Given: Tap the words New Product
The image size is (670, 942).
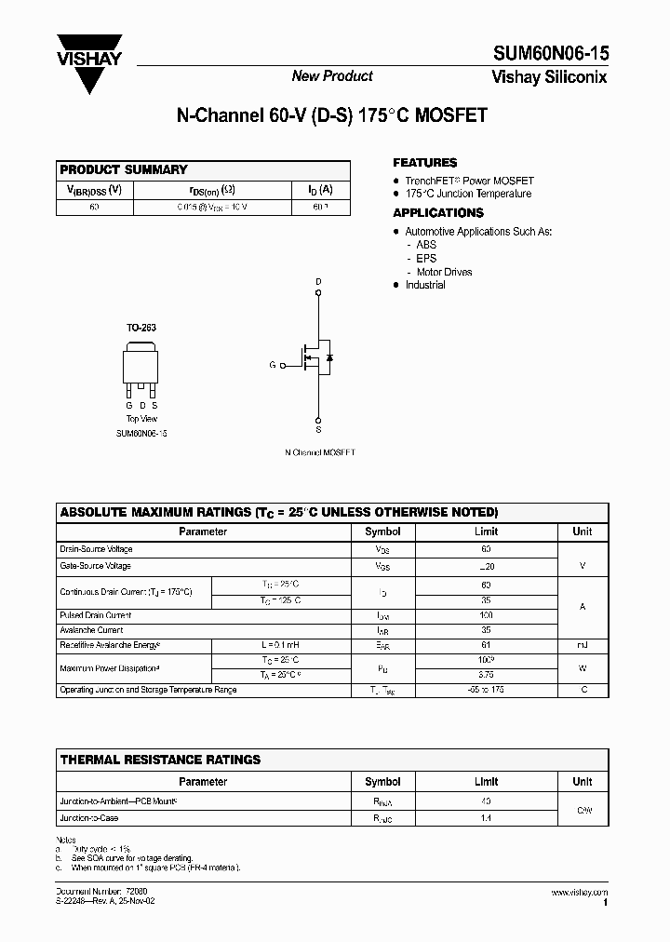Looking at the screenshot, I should [x=332, y=76].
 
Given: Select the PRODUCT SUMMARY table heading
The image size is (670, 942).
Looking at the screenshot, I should [x=124, y=169].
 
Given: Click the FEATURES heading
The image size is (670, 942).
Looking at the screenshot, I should [x=424, y=163].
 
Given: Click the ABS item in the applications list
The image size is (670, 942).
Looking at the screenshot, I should [x=426, y=245].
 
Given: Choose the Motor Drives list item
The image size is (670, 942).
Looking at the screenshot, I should [x=444, y=272].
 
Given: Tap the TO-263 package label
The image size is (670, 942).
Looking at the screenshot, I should [x=141, y=329].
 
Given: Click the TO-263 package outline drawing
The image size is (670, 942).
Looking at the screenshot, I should [x=141, y=369].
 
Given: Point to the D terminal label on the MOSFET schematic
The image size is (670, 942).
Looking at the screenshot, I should [x=318, y=281].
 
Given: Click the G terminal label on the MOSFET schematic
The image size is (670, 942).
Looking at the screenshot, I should [x=273, y=365].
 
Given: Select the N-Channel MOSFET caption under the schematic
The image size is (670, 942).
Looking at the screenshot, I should [x=319, y=452].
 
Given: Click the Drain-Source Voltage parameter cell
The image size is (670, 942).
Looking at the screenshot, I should [x=96, y=549].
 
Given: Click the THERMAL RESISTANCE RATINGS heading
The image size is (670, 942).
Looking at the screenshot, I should [x=160, y=760].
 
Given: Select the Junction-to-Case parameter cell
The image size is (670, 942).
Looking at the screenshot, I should [x=89, y=818].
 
